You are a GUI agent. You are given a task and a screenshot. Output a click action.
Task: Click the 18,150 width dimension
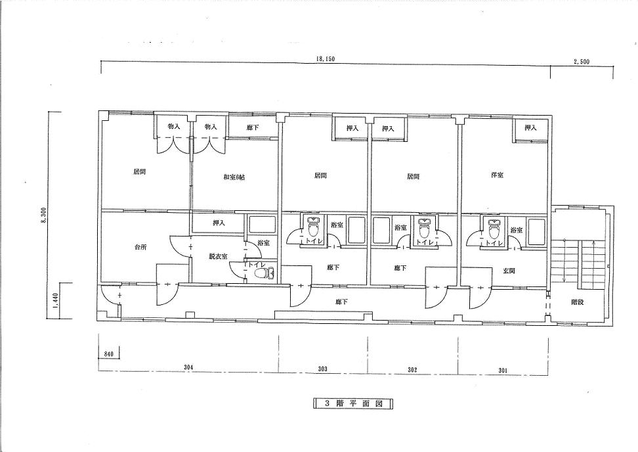[326, 59]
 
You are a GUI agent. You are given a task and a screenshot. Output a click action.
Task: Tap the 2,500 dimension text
[582, 62]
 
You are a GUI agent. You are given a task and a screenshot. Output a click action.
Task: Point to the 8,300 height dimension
[45, 215]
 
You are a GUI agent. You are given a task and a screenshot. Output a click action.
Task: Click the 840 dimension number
[108, 354]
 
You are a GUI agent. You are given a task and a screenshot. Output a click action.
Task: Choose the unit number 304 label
[188, 367]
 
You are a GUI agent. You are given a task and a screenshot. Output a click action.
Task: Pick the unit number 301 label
[503, 370]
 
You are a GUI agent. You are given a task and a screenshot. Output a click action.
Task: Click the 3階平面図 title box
[353, 403]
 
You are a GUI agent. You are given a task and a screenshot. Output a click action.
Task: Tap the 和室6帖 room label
[234, 177]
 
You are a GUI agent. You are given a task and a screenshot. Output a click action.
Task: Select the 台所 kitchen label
[140, 247]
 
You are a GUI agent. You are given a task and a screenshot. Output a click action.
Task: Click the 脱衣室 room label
[219, 256]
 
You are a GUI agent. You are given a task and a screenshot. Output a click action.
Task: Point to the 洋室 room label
[497, 175]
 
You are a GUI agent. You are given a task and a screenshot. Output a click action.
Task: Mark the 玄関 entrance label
[509, 271]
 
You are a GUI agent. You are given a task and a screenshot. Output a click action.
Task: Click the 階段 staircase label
[578, 303]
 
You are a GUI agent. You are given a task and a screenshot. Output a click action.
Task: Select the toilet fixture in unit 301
[494, 229]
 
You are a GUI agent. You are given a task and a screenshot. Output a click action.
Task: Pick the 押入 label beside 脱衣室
[219, 223]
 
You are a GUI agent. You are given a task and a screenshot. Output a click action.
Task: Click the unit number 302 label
[412, 370]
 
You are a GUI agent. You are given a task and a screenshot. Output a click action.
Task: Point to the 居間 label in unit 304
[140, 172]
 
